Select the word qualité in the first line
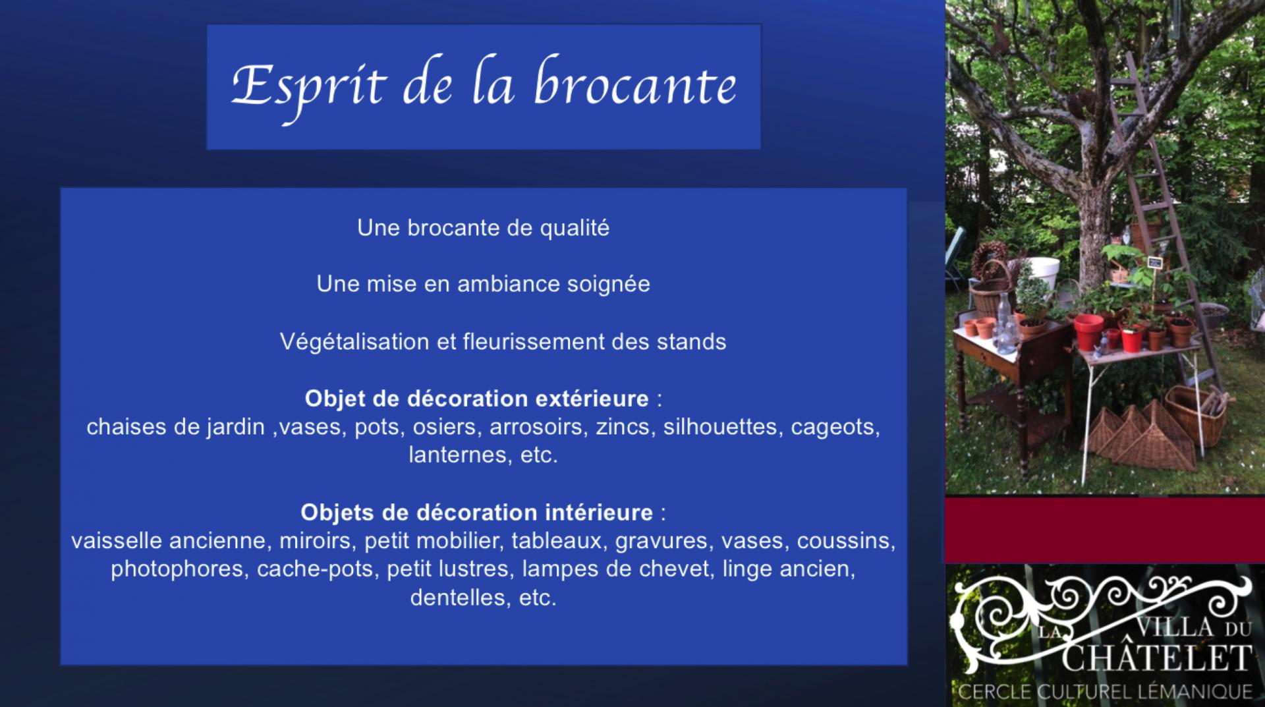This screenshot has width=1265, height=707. coord(575,228)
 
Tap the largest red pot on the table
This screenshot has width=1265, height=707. coord(1088,331)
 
